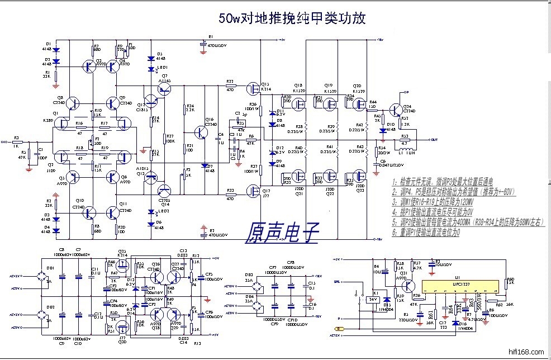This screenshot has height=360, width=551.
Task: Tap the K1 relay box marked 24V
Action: pos(369,299)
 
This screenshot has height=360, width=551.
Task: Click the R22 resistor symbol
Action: pos(230,87)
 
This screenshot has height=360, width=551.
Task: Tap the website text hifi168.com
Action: pos(522,353)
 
